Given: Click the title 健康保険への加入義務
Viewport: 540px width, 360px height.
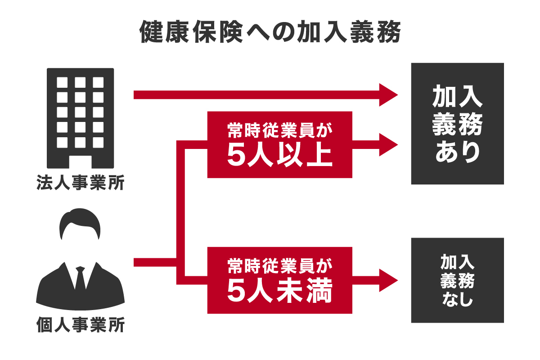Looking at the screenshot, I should (270, 32).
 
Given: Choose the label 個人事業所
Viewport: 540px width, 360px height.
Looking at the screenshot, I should (80, 325).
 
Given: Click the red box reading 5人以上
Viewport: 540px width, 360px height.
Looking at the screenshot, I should (279, 144).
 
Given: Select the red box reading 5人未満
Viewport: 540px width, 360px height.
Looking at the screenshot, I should (279, 280).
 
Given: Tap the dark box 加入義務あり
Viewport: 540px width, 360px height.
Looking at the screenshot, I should (457, 124).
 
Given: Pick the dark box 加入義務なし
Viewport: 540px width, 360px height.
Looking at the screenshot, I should (457, 280).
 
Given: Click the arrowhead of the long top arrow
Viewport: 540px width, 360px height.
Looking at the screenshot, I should (388, 95).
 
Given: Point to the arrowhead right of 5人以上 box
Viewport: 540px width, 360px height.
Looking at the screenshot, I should (388, 145).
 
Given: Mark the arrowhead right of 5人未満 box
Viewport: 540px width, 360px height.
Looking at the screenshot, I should (388, 280).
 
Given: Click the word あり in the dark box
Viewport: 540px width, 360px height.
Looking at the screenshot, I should (457, 153).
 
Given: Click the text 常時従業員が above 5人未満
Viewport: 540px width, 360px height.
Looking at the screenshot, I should (279, 265).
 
